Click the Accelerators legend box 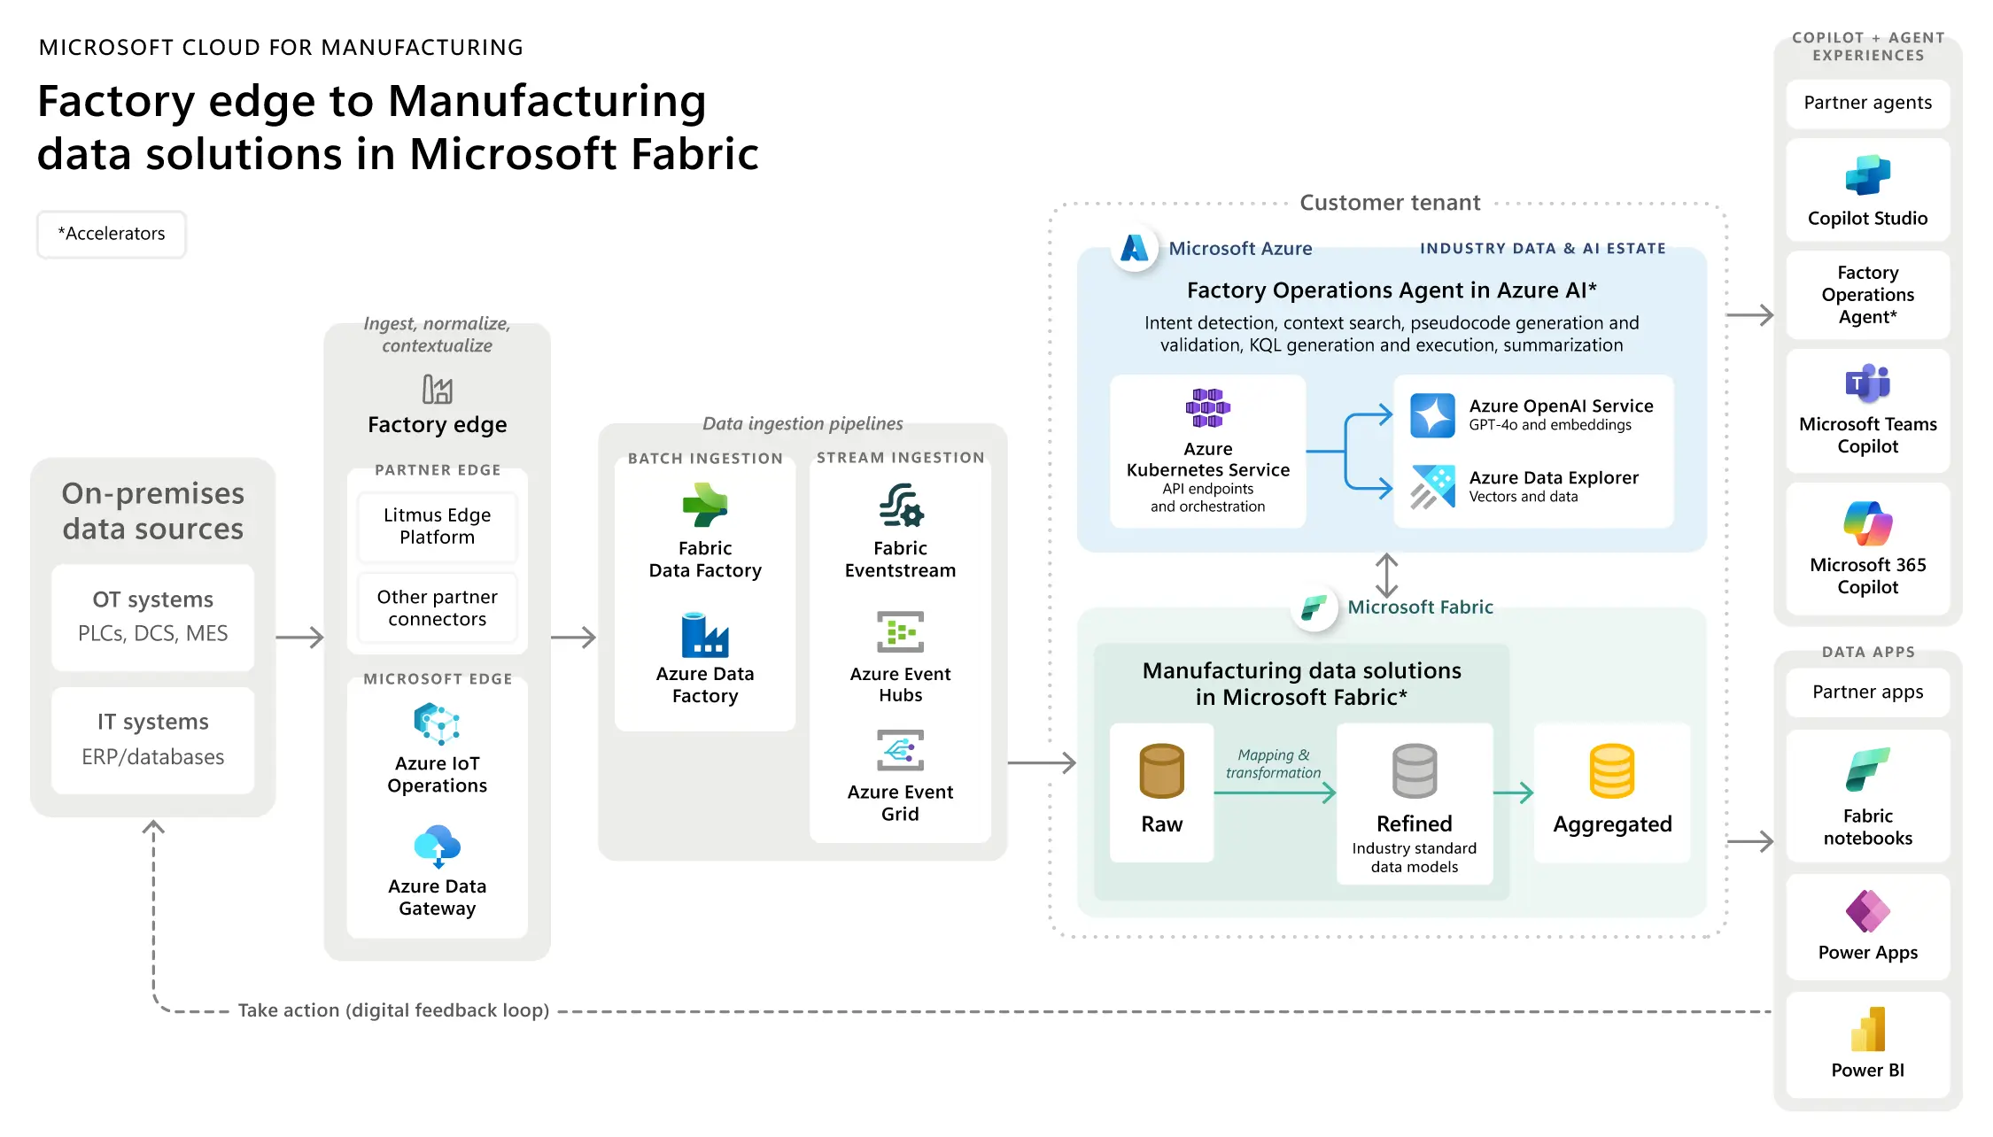(112, 234)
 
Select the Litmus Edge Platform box (437, 526)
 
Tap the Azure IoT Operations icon (437, 723)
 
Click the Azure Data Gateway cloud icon (437, 846)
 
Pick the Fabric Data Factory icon (705, 506)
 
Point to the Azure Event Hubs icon (900, 632)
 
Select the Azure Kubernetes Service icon (1207, 407)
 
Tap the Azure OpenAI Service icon (1432, 415)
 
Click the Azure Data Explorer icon (1432, 487)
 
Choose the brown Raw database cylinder (1161, 770)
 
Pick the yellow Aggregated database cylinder (1611, 770)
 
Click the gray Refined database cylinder (1414, 770)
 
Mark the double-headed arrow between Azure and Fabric (1386, 576)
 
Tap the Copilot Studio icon (1867, 174)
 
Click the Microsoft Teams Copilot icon (1867, 383)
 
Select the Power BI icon (1867, 1029)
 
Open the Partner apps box (1867, 692)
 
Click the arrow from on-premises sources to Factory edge (299, 637)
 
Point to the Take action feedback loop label (393, 1010)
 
